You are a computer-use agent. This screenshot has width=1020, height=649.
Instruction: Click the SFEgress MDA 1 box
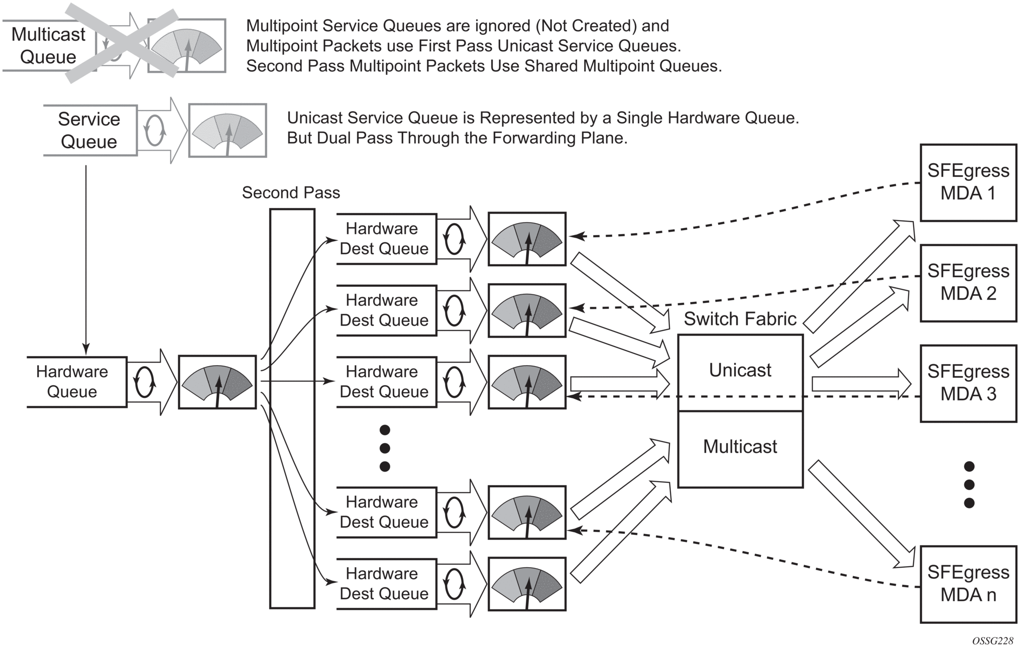[968, 182]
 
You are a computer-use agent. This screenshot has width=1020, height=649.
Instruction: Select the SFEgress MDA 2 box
[968, 282]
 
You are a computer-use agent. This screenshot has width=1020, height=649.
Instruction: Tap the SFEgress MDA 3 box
[968, 383]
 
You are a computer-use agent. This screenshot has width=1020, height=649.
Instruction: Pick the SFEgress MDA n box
[968, 584]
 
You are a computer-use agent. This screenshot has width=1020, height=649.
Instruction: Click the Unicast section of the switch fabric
[740, 371]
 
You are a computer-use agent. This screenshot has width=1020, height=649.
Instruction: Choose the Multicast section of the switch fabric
[740, 447]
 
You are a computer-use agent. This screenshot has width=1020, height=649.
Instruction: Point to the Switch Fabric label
[740, 319]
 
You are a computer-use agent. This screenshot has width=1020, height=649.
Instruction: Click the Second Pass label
[291, 193]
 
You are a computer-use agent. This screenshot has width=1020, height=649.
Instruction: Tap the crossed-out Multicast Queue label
[48, 46]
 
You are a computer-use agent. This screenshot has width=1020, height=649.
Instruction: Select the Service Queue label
[89, 131]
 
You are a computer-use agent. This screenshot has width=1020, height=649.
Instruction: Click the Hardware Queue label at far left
[72, 382]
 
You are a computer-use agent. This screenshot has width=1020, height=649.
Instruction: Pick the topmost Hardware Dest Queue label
[384, 239]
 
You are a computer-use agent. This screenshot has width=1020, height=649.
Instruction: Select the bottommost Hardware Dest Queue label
[384, 584]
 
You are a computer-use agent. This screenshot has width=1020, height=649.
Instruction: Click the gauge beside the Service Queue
[228, 131]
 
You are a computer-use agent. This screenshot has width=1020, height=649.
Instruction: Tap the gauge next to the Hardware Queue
[217, 382]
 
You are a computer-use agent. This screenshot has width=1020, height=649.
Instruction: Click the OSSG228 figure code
[992, 641]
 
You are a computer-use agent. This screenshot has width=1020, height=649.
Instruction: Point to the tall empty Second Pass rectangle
[292, 408]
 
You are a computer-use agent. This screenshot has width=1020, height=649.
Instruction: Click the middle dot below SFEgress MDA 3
[969, 485]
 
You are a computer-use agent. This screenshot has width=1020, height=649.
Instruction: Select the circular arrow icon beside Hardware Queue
[145, 382]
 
